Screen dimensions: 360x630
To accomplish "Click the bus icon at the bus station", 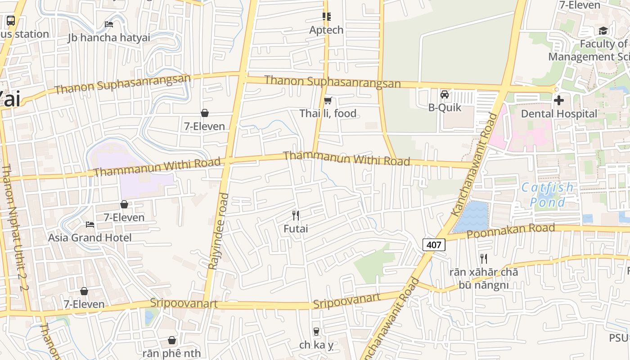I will tap(10, 20).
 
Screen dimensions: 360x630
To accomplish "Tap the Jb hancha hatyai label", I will tap(109, 37).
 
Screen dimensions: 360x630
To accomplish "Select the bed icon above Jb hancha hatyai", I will tap(109, 24).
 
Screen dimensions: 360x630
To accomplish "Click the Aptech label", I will tap(326, 30).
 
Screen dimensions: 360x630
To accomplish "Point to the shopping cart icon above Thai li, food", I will tap(328, 100).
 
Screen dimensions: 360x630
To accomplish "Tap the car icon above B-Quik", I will tap(445, 94).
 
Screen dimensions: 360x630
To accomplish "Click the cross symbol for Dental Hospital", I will tap(559, 100).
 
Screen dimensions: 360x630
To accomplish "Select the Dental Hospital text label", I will tap(559, 114).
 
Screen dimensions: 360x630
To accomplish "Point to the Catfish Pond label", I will tap(548, 194).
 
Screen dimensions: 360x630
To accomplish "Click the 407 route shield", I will tap(434, 245).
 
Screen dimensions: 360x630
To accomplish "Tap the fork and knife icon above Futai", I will tap(296, 216).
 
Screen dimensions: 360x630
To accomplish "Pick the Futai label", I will tap(296, 229).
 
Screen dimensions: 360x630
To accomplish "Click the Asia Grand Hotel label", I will tap(90, 238).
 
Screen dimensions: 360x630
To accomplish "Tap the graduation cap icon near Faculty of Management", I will tap(603, 31).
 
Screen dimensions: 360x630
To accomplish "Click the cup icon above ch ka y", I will tap(316, 332).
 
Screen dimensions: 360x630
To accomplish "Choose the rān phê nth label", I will tap(171, 353).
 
